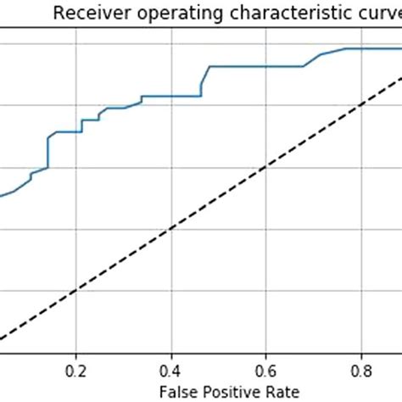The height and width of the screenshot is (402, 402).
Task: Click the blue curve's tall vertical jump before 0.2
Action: click(47, 151)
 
